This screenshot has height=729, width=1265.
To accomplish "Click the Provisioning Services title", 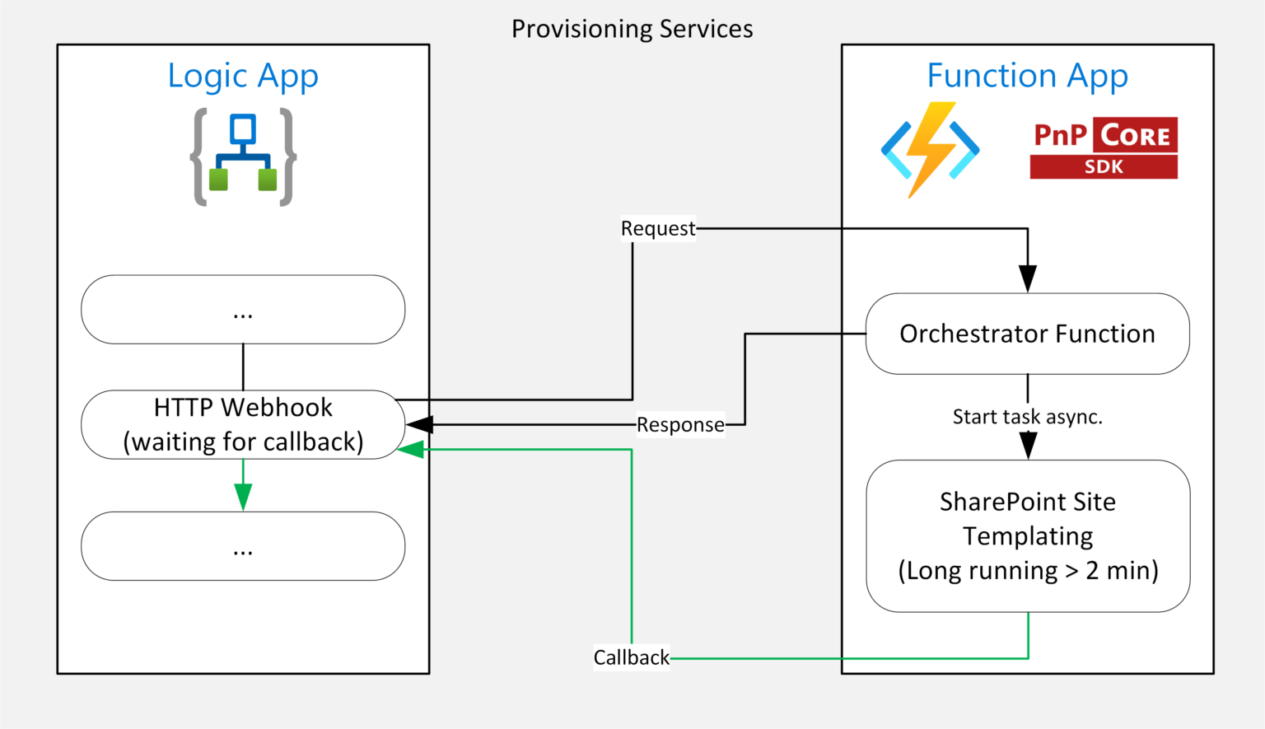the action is pyautogui.click(x=632, y=29).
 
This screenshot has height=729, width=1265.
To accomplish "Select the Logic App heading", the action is pyautogui.click(x=243, y=77).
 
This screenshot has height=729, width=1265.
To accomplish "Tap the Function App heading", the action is pyautogui.click(x=1027, y=75).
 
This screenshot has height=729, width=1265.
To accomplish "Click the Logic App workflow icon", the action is pyautogui.click(x=243, y=157).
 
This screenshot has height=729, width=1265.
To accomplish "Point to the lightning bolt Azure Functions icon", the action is pyautogui.click(x=930, y=150).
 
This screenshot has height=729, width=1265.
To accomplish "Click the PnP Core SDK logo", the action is pyautogui.click(x=1104, y=148).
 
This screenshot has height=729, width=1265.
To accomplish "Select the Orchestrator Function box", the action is pyautogui.click(x=1027, y=334).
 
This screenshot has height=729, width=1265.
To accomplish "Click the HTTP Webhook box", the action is pyautogui.click(x=243, y=425).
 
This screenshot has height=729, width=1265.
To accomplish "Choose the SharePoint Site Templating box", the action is pyautogui.click(x=1028, y=536).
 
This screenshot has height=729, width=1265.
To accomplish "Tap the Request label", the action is pyautogui.click(x=658, y=228).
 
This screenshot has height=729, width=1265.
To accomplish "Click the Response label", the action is pyautogui.click(x=680, y=425).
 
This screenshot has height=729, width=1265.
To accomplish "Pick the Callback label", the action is pyautogui.click(x=632, y=657).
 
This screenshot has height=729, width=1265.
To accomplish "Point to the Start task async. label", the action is pyautogui.click(x=1027, y=417).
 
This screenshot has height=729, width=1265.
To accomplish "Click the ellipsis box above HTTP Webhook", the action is pyautogui.click(x=243, y=310).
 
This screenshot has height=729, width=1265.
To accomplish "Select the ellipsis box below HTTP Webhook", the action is pyautogui.click(x=243, y=546).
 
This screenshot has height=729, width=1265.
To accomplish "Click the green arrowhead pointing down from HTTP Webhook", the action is pyautogui.click(x=243, y=497).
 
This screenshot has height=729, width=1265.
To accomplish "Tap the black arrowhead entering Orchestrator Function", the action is pyautogui.click(x=1027, y=278).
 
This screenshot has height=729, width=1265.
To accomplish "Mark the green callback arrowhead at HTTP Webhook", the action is pyautogui.click(x=411, y=450).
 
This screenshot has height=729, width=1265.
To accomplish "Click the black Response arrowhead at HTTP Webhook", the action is pyautogui.click(x=419, y=425).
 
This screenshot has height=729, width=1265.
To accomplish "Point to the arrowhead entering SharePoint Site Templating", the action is pyautogui.click(x=1028, y=446).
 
